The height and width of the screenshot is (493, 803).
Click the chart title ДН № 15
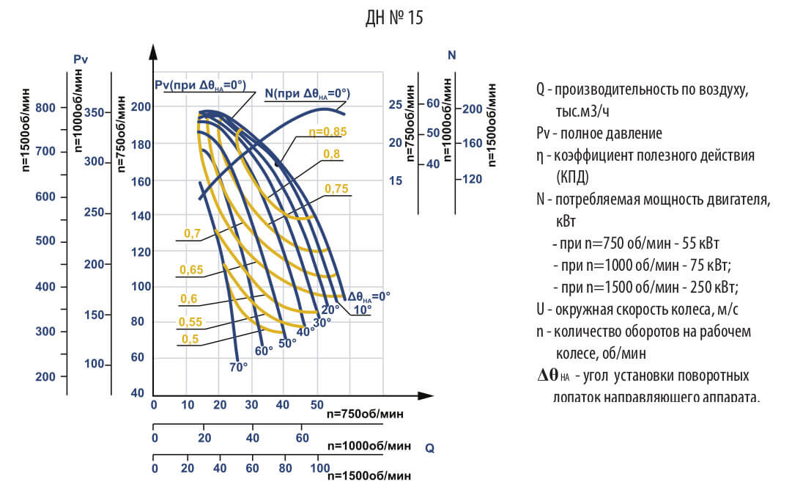pos(393,18)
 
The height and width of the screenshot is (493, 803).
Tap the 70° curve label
pos(239,366)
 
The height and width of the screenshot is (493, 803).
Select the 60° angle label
pos(264,351)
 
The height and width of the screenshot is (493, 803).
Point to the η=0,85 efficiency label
pos(327,132)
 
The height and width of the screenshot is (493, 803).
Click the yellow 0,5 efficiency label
pos(189,338)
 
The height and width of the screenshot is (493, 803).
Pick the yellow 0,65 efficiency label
pos(191,270)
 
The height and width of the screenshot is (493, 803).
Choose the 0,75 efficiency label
pos(336,189)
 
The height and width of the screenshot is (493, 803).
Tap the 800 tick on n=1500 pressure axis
pos(46,108)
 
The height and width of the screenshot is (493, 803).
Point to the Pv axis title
pos(81,58)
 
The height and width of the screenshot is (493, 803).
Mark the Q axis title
pos(429,448)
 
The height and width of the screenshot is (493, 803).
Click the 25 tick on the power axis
pos(396,105)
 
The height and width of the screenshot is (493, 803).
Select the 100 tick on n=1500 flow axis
pos(319,468)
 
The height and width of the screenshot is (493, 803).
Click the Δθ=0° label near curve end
pos(369,297)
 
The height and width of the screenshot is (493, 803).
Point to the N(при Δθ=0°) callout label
pos(307,93)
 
